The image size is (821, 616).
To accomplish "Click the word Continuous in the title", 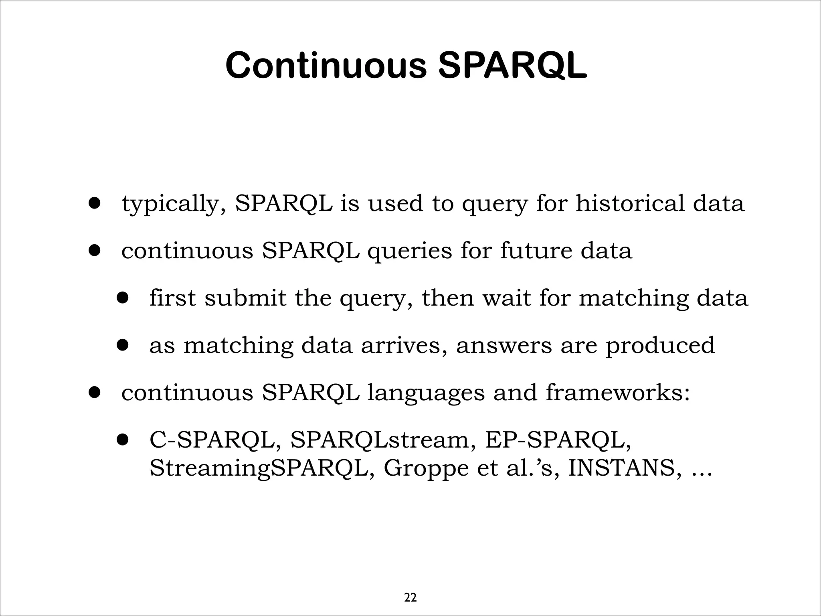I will (x=326, y=65).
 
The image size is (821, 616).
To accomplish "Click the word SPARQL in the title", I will (x=512, y=65).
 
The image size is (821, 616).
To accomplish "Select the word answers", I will (x=504, y=345).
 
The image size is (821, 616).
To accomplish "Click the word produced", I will (x=660, y=346).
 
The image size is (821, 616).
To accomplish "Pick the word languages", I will (x=426, y=393).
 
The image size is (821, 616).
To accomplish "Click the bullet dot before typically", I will (x=95, y=203).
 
